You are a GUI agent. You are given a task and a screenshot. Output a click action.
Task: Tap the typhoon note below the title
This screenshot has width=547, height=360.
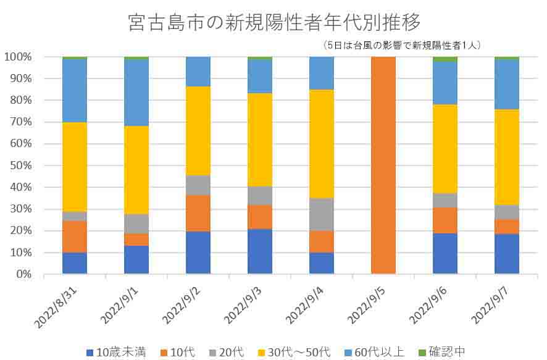(401, 45)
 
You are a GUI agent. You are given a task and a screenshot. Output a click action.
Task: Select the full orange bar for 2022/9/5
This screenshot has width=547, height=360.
(383, 165)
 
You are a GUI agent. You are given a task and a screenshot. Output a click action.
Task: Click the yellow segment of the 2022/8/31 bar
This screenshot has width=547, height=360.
(75, 167)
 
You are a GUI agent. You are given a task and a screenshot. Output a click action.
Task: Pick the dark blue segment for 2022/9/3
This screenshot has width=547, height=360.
(260, 251)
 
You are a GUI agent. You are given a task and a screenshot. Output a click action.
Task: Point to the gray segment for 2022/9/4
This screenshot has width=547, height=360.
(322, 214)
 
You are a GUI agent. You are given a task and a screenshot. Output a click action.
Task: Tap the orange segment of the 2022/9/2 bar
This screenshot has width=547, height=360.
(198, 214)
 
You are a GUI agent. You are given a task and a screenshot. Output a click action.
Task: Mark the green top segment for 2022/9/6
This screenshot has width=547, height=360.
(445, 59)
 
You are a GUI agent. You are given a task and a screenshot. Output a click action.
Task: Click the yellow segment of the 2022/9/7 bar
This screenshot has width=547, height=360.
(507, 157)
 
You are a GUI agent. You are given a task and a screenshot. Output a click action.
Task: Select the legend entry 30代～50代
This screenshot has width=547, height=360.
(296, 352)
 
